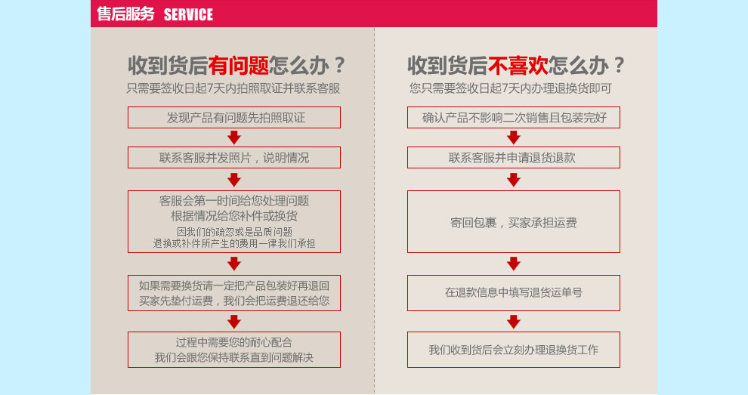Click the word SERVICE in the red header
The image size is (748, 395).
tap(188, 15)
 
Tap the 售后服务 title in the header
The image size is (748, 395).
tap(126, 14)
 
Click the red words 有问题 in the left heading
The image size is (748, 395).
tap(238, 66)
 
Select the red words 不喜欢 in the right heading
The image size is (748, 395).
tap(518, 66)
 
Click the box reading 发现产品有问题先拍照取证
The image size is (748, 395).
tap(234, 117)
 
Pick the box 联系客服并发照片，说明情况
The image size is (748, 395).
tap(234, 157)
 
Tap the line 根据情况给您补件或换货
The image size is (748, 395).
tap(234, 216)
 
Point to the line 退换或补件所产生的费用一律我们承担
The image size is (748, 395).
tap(234, 244)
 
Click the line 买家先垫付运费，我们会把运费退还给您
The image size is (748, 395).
tap(234, 301)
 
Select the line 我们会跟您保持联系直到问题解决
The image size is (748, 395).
tap(234, 357)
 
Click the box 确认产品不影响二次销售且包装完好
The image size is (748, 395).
tap(514, 117)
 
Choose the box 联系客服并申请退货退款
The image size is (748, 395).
tap(514, 157)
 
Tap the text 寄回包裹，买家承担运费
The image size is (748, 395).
tap(514, 223)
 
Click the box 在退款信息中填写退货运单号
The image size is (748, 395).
tap(514, 293)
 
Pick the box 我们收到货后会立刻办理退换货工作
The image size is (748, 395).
tap(514, 350)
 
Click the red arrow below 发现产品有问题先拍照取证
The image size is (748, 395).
tap(234, 137)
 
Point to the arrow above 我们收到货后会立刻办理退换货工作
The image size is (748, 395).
tap(514, 322)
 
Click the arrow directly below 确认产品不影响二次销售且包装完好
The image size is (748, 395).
tap(514, 137)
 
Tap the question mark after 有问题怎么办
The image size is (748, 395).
tap(340, 66)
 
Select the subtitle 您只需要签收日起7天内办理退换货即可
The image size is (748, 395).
tap(511, 88)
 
